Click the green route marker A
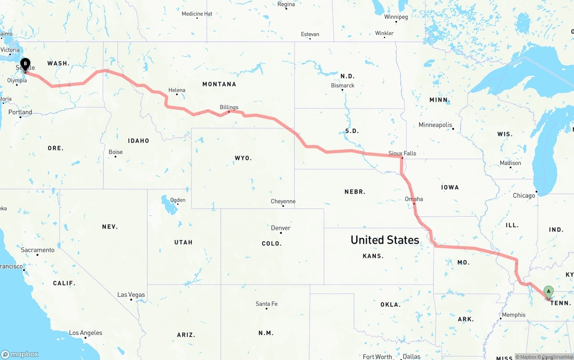point(548,292)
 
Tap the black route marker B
point(26,65)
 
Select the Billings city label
point(229,107)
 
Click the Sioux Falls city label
point(402,153)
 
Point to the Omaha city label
point(414,199)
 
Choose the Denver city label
point(281,228)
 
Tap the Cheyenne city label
point(283,201)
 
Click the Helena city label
point(177,90)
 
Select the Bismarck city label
point(343,85)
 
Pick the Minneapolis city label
point(435,125)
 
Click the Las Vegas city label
point(131,295)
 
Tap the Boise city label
point(115,152)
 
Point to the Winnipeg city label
point(396,17)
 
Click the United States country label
point(385,240)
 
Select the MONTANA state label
point(219,84)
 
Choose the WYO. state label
point(243,158)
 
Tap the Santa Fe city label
point(266,304)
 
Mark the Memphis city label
point(513,315)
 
